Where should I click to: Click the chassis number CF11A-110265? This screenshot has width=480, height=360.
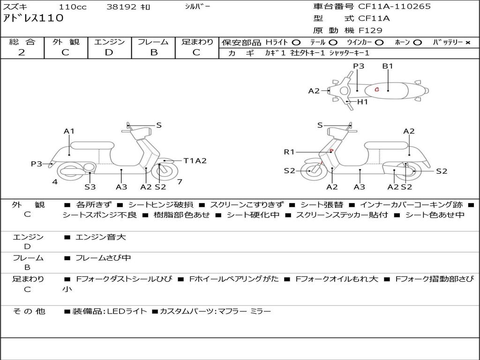point(394,7)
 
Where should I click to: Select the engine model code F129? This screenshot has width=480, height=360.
point(370,30)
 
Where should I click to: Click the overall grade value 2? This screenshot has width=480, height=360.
point(22,52)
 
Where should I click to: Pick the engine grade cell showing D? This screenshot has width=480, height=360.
point(109,52)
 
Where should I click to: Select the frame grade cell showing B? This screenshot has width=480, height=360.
point(154,52)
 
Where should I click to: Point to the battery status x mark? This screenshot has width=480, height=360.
point(467,43)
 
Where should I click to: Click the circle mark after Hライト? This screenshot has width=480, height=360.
point(296,43)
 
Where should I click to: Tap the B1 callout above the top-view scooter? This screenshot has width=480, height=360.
point(387,66)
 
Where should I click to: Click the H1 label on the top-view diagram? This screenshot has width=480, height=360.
point(362,102)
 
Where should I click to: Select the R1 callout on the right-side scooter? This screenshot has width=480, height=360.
point(289,152)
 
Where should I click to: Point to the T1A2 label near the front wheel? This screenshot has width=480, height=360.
point(195,161)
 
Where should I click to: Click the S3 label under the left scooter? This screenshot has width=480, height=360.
point(90,187)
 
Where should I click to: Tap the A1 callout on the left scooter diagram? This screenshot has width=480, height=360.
point(69,131)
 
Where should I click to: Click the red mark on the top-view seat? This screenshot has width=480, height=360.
point(376,89)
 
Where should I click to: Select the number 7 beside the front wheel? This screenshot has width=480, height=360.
point(180,181)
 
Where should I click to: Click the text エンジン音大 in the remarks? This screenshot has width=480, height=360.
point(100,237)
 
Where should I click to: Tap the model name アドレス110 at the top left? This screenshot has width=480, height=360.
point(33,19)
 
